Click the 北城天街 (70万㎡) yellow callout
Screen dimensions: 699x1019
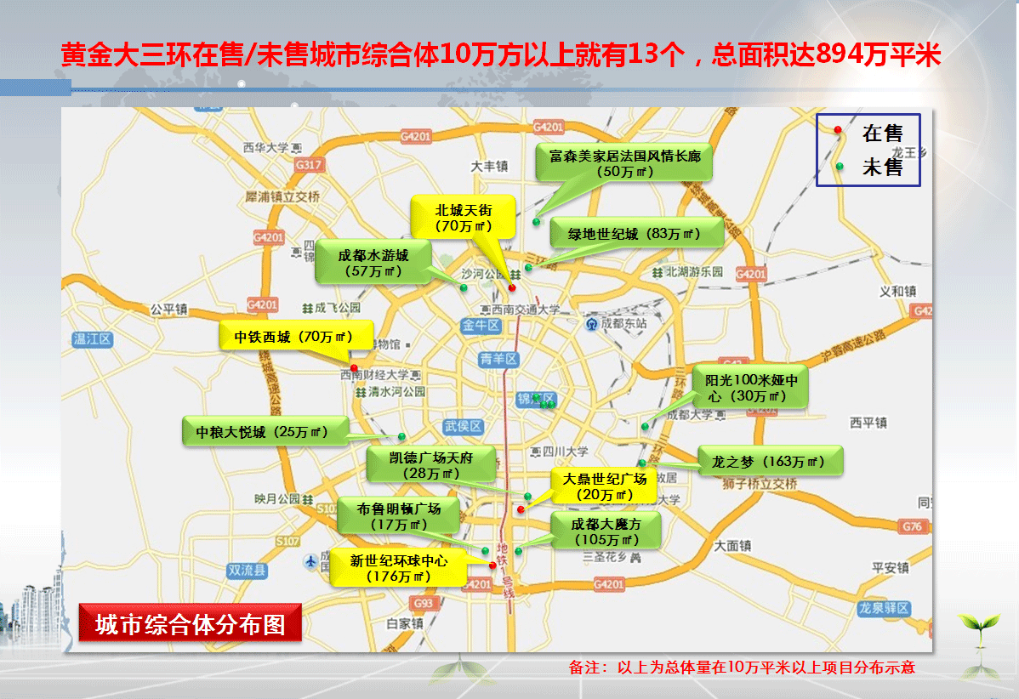pyautogui.click(x=463, y=217)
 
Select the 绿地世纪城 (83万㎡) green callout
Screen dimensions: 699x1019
pyautogui.click(x=635, y=234)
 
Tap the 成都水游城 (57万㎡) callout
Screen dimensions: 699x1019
pyautogui.click(x=373, y=263)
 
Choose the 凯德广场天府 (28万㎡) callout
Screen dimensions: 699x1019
pyautogui.click(x=430, y=465)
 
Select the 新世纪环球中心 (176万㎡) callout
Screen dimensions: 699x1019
pyautogui.click(x=398, y=568)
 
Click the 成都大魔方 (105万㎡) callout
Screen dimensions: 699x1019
pyautogui.click(x=606, y=531)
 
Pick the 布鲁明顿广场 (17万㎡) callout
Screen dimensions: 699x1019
pyautogui.click(x=398, y=516)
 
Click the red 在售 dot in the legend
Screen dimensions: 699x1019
pyautogui.click(x=838, y=130)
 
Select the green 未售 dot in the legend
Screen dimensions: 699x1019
pyautogui.click(x=839, y=167)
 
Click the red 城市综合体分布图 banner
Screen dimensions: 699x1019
pyautogui.click(x=190, y=623)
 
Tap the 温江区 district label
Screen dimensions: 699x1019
pyautogui.click(x=93, y=339)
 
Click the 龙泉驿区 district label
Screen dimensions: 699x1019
pyautogui.click(x=884, y=609)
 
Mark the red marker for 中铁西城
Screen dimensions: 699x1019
pyautogui.click(x=354, y=367)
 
